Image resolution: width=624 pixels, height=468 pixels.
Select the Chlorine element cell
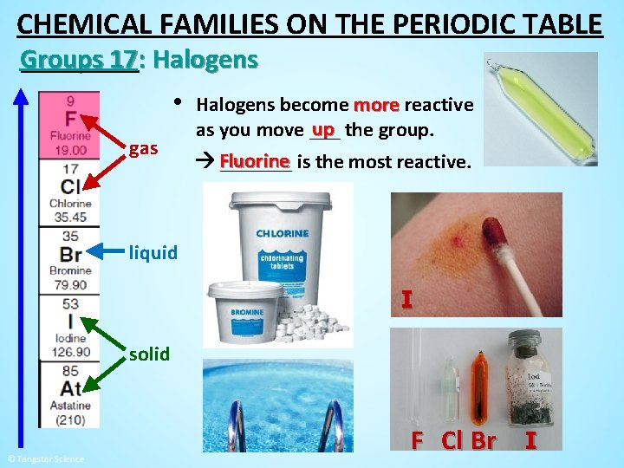pos(69,192)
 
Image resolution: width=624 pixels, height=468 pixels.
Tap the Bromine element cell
pos(69,259)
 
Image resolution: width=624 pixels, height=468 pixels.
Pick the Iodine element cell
pos(69,327)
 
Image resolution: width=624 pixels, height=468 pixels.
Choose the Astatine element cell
pos(69,393)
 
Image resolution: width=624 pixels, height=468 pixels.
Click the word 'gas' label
pos(143,149)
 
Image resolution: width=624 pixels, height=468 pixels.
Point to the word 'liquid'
pos(153,253)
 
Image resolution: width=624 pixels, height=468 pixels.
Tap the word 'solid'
pos(149,354)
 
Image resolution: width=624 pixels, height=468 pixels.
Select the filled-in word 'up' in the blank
pos(324,130)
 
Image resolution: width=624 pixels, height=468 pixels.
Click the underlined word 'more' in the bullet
pos(375,106)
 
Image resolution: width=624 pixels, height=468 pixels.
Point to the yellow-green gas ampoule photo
pos(541,108)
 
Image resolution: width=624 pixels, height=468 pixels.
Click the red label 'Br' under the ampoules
pos(483,440)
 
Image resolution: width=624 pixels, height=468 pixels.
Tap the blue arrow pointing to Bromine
pos(111,251)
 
